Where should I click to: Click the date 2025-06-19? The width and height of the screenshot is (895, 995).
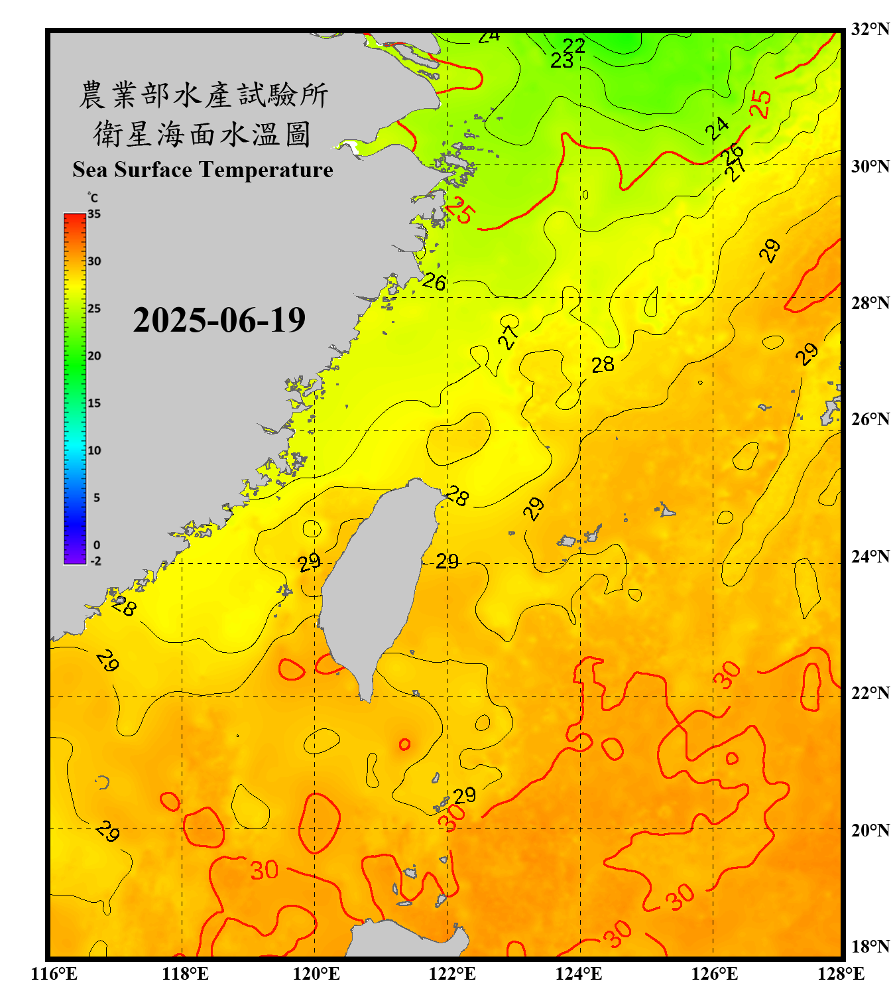point(219,320)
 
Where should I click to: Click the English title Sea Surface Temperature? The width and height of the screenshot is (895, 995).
point(203,170)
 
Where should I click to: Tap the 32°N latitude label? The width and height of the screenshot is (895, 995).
point(870,29)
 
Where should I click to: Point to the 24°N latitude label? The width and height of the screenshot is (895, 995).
point(870,556)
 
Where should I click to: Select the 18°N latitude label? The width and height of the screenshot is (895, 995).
point(870,946)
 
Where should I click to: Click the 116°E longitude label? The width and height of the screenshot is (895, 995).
point(54,974)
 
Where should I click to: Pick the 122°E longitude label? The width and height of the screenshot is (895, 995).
point(452,974)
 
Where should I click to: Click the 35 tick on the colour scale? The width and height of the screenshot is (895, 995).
point(94,214)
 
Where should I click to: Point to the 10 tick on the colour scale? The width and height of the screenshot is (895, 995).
point(94,450)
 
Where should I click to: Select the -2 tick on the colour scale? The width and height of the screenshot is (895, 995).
point(95,561)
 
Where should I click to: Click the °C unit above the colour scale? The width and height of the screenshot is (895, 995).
point(92,198)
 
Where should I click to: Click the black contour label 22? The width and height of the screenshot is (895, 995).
point(573,45)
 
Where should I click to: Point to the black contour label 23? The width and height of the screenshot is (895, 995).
point(562,60)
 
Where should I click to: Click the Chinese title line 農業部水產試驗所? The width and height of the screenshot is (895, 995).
point(203,95)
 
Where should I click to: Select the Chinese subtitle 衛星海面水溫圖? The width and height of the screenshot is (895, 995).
point(203,134)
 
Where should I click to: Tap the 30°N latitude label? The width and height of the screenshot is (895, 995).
point(870,166)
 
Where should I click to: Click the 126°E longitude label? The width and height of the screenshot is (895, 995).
point(714,974)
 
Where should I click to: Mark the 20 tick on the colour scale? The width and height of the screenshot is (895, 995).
point(94,356)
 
